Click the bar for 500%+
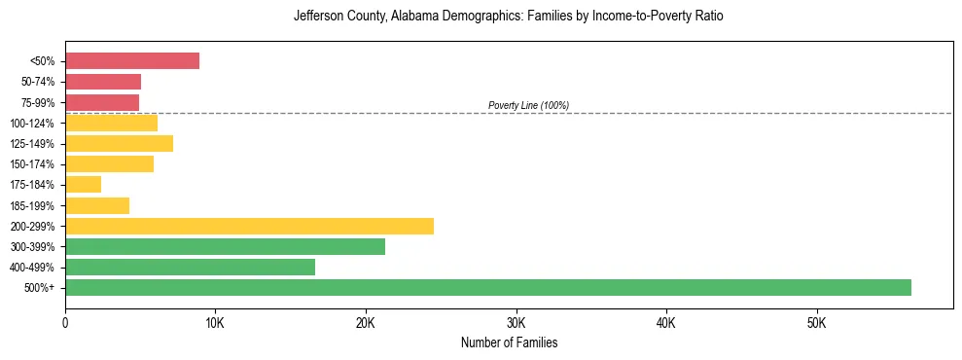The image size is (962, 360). coord(487,287)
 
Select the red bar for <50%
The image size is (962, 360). coord(132,60)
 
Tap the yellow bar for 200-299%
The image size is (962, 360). coord(249,226)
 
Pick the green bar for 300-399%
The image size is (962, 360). coord(225,246)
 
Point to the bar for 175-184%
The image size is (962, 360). coord(83,184)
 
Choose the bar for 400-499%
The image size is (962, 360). coord(190,267)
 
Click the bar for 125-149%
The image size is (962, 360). coord(119,143)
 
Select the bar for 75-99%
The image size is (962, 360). coord(102,102)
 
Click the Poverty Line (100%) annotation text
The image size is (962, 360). coord(528,105)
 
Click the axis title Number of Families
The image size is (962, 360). coord(509,342)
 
